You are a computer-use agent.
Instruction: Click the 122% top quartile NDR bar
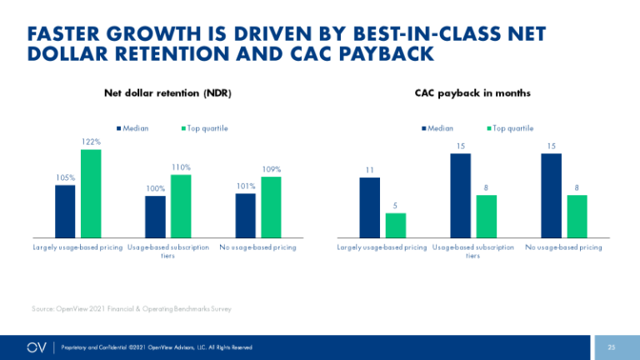click(x=91, y=193)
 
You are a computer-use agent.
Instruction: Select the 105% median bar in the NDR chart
click(x=65, y=211)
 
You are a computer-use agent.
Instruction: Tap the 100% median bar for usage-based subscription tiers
click(x=155, y=217)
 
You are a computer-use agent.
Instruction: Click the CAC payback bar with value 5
click(x=396, y=225)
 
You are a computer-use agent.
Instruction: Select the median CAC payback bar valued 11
click(x=369, y=207)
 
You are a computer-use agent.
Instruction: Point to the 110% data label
click(x=181, y=167)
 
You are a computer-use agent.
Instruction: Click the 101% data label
click(x=245, y=187)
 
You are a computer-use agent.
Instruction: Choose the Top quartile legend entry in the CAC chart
click(x=510, y=127)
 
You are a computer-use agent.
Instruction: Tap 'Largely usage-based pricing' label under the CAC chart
click(x=382, y=247)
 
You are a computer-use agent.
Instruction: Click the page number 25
click(x=611, y=347)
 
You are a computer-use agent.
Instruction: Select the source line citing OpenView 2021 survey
click(x=132, y=309)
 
